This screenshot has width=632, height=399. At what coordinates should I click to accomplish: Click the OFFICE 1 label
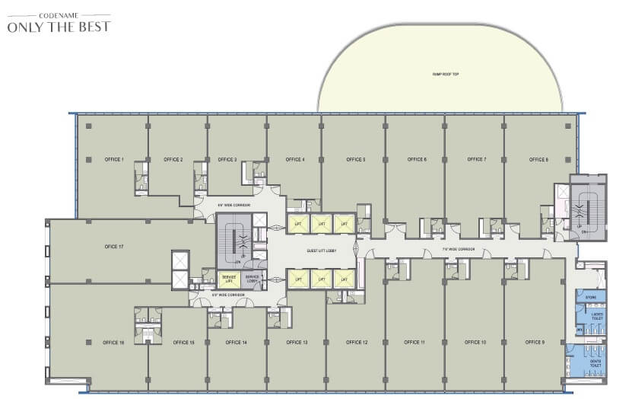tap(113, 160)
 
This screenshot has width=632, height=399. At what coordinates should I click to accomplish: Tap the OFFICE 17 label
tap(114, 247)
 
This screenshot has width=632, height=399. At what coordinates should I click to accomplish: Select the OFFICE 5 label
tap(356, 160)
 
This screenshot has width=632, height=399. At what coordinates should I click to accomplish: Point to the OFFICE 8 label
tap(538, 160)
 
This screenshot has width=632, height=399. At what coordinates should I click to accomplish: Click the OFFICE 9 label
tap(535, 343)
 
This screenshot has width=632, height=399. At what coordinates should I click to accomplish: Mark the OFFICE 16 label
tap(113, 343)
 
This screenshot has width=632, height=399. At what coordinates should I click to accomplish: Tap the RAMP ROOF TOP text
tap(441, 75)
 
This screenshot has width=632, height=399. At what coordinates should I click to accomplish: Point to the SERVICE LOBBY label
tap(254, 279)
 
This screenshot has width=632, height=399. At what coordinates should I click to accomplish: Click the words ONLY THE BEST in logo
tap(59, 27)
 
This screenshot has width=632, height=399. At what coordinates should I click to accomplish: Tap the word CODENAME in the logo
tap(59, 13)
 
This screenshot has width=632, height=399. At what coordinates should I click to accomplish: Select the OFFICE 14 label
tap(237, 343)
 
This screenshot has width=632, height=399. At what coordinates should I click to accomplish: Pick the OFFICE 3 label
tap(227, 160)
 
